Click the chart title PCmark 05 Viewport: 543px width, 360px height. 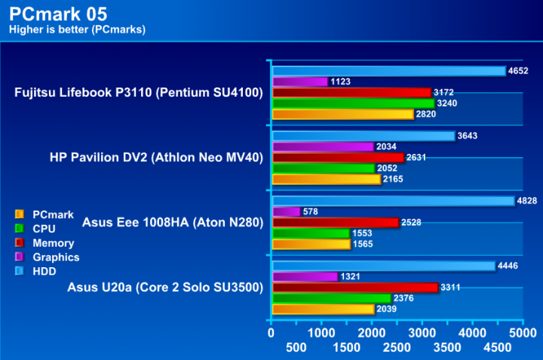click(x=58, y=14)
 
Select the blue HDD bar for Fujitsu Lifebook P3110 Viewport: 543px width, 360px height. click(x=388, y=71)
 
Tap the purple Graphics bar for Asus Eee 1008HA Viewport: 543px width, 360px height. click(x=286, y=212)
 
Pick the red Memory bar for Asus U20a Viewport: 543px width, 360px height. click(x=354, y=288)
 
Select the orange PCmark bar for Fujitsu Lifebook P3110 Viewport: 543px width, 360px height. click(x=342, y=115)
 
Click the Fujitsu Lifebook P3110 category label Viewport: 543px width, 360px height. click(x=138, y=94)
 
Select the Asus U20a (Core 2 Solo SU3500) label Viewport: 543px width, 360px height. click(x=164, y=287)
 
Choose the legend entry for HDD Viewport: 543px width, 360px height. click(x=45, y=271)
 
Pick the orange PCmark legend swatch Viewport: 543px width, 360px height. click(x=20, y=214)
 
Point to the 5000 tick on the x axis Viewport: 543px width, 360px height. click(x=523, y=331)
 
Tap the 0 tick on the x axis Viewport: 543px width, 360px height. click(x=271, y=331)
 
